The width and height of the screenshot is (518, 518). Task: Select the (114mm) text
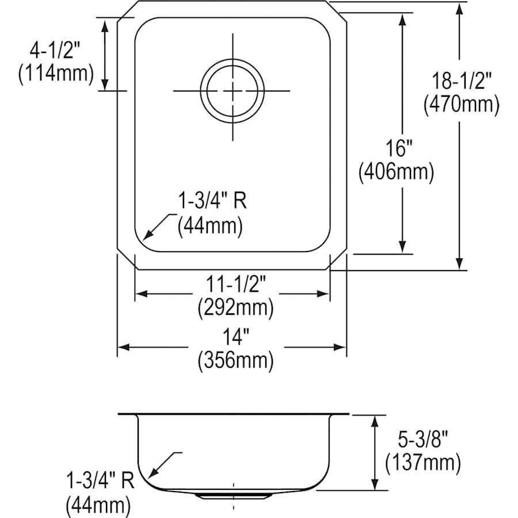pos(56,73)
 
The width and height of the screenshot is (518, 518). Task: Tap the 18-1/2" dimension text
pos(462,81)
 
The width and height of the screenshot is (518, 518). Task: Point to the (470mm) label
pos(462,104)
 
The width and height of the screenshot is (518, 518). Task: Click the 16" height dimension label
pos(399,148)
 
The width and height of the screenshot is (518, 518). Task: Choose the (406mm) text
pos(397,172)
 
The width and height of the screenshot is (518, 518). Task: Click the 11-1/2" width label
pos(236,284)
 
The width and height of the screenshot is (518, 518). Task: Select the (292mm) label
pos(235,307)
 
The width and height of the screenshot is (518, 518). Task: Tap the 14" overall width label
pos(236,337)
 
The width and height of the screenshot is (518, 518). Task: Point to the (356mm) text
pos(235,360)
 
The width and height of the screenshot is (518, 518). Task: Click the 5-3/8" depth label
pos(423,439)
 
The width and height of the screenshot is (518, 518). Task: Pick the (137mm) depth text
pos(423,463)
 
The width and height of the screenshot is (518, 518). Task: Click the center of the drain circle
pos(233,91)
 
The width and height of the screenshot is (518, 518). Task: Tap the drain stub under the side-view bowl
pos(233,495)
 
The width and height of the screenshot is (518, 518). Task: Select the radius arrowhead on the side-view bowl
pos(153,472)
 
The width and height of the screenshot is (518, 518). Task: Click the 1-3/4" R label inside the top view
pos(212,200)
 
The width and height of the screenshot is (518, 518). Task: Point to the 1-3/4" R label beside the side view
pos(100,481)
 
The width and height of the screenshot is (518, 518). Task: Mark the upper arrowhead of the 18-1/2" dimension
pos(459,9)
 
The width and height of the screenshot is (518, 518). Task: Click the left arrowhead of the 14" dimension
pos(124,347)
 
